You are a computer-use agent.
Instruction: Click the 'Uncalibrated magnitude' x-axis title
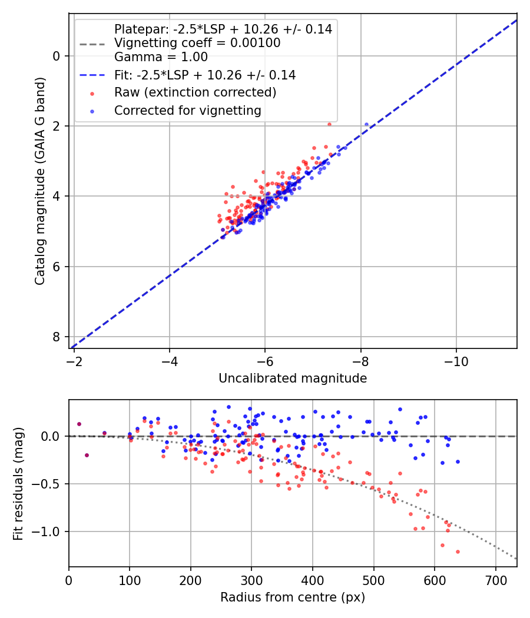tap(293, 378)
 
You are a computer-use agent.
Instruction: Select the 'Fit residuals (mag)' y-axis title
tap(19, 483)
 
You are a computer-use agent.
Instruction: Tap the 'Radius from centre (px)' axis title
tap(293, 597)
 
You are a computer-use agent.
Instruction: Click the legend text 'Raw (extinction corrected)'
tap(195, 92)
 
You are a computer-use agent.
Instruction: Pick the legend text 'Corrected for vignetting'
tap(188, 110)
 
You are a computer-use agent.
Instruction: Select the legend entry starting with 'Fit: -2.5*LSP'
tap(205, 75)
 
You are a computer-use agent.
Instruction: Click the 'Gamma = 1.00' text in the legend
tap(161, 57)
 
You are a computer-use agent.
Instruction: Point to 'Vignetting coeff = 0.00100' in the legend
tap(197, 43)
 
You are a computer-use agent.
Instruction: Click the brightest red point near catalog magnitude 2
tap(329, 124)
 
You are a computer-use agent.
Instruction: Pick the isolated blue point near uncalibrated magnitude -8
tap(366, 124)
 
